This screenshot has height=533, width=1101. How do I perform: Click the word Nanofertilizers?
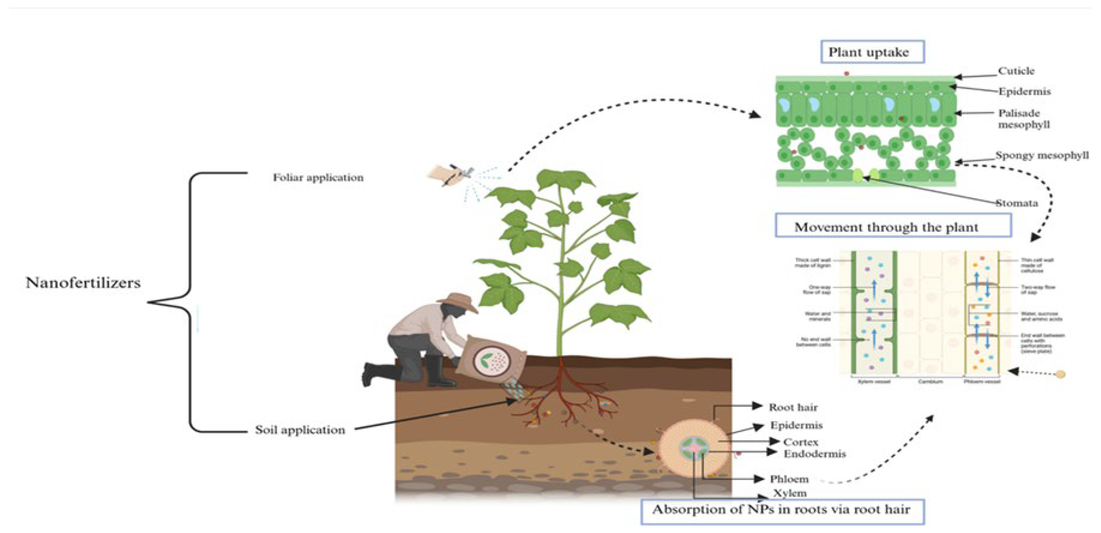(83, 283)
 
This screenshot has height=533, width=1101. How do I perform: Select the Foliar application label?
(318, 177)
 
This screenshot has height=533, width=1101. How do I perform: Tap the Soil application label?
(300, 430)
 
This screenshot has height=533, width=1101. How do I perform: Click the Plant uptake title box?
(872, 52)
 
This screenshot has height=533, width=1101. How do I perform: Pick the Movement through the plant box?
(893, 226)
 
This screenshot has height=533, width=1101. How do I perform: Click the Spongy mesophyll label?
(1042, 155)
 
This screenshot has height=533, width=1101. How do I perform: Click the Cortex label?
(800, 442)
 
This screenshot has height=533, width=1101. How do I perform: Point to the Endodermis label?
(815, 454)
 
